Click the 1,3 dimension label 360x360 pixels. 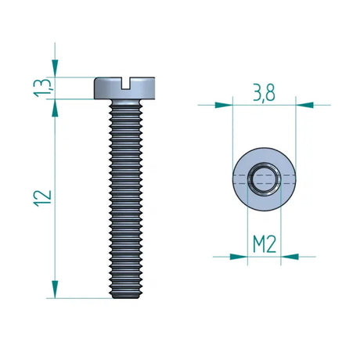point(46,88)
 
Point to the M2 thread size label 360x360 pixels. point(264,243)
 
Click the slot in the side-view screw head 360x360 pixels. point(126,81)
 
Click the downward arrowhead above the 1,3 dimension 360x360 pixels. point(55,70)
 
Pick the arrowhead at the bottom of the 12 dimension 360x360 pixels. point(55,290)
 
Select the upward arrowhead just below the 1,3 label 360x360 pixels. point(55,106)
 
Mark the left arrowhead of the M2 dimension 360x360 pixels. point(240,255)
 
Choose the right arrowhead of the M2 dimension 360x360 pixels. point(288,255)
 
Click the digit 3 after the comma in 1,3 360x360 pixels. point(46,82)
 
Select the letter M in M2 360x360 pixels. point(258,243)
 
